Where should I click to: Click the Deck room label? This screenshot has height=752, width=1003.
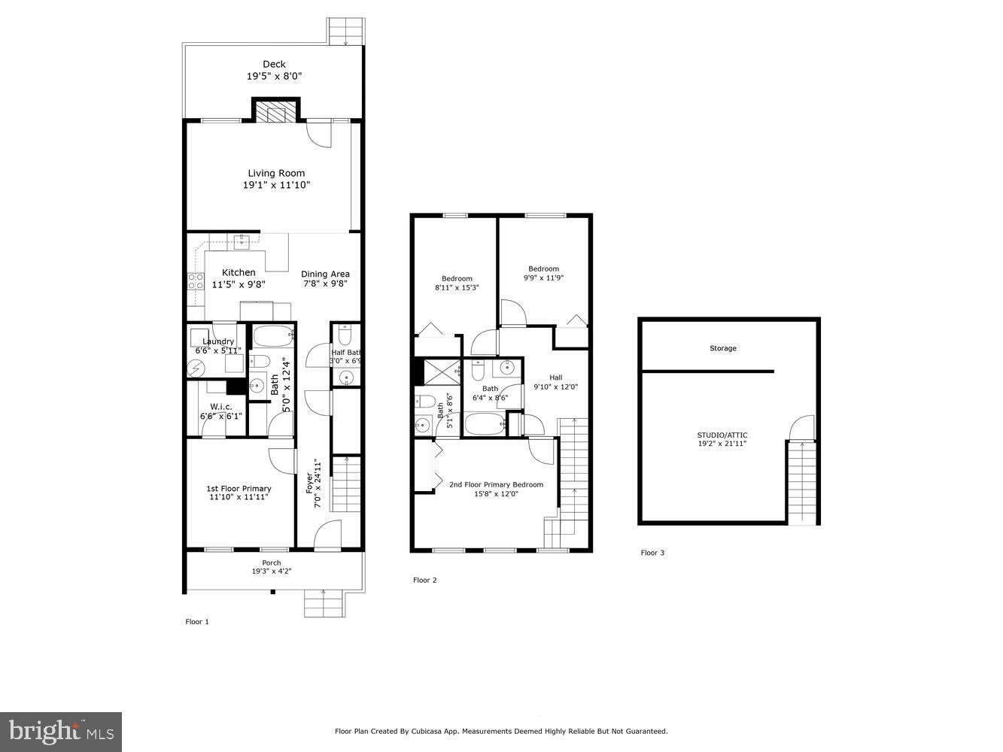[274, 65]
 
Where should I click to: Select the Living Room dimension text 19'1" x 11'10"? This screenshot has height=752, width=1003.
[276, 185]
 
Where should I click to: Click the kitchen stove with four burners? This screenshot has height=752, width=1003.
[196, 282]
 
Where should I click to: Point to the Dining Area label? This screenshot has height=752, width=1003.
[325, 274]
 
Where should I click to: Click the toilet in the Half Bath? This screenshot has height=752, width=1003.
[344, 332]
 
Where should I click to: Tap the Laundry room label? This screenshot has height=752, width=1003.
[218, 341]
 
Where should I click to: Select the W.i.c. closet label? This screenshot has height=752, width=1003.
[220, 407]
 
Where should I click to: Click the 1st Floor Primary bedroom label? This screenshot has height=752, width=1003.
[239, 489]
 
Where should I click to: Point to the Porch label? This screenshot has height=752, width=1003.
[272, 562]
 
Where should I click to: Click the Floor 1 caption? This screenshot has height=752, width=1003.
[197, 622]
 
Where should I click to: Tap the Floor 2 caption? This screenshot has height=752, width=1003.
[424, 580]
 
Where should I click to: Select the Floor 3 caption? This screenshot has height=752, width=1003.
[652, 553]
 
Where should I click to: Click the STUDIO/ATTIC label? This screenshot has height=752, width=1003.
[722, 435]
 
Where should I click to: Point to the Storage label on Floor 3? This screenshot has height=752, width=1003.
[722, 348]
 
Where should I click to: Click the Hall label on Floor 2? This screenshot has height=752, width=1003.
[555, 378]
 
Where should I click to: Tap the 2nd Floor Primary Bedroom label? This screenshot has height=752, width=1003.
[496, 484]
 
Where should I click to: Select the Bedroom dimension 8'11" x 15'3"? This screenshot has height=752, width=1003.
[457, 288]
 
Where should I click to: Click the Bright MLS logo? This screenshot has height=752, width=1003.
[61, 731]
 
